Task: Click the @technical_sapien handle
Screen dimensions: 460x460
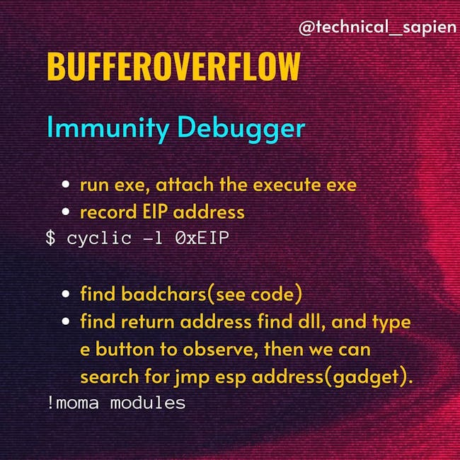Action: (378, 27)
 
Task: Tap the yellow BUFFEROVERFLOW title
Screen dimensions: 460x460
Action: (173, 67)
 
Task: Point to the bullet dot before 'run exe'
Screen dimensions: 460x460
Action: (66, 184)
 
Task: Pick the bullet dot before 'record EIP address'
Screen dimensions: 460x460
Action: (66, 211)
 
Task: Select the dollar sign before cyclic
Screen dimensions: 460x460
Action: (50, 238)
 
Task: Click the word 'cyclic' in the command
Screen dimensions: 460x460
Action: (99, 238)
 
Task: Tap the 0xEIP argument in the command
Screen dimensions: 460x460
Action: (202, 238)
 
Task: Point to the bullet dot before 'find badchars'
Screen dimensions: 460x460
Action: (66, 294)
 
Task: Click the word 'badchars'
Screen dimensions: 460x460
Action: (164, 294)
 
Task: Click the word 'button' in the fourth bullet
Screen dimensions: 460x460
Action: (125, 350)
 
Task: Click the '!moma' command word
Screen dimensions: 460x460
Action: (72, 403)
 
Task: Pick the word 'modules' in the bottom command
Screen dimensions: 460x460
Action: (148, 403)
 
